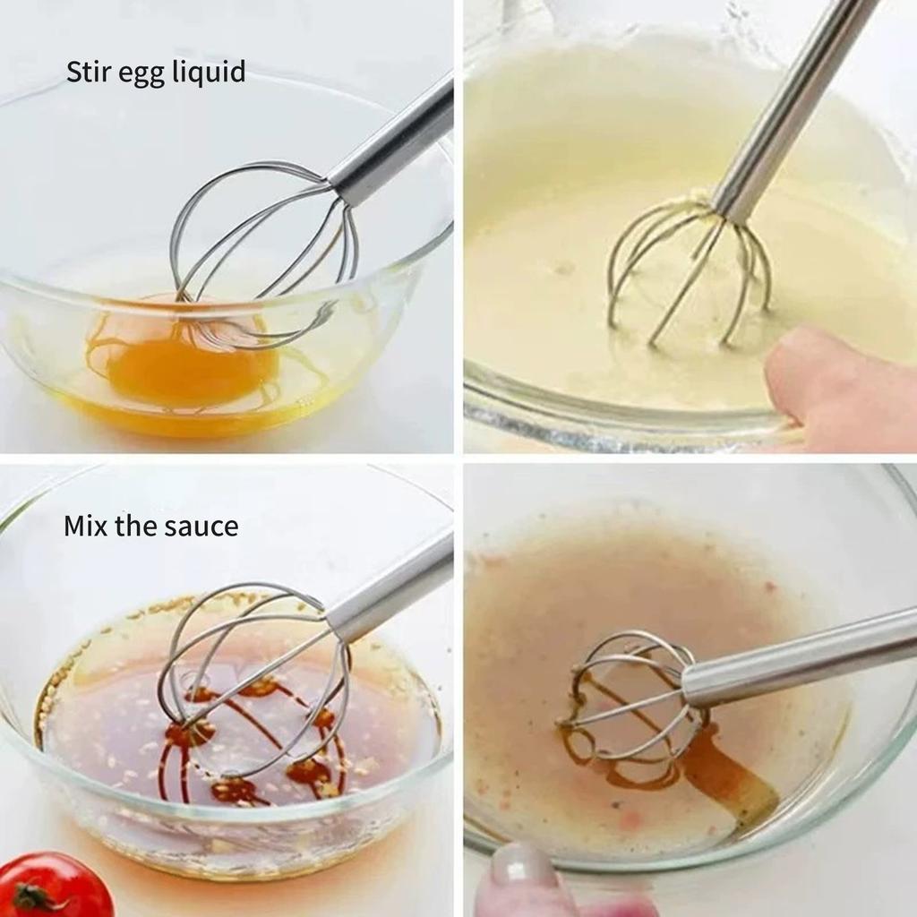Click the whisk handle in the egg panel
pyautogui.click(x=394, y=143)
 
